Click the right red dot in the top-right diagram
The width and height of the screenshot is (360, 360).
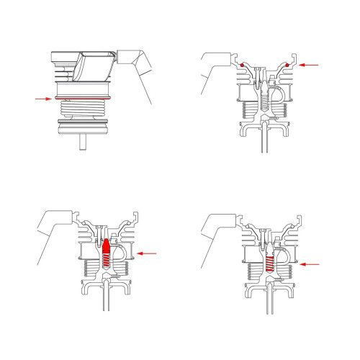click(287, 66)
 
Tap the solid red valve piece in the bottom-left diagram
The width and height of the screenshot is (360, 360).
click(107, 248)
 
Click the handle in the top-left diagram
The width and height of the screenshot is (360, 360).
click(137, 65)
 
